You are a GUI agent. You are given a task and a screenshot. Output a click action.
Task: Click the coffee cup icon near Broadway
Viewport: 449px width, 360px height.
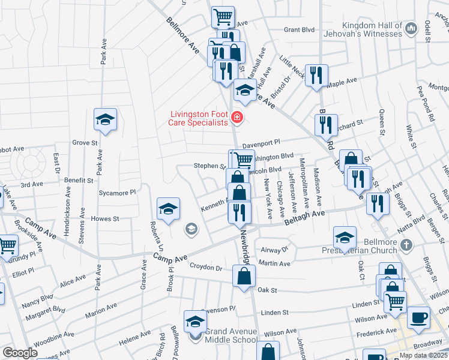tap(418, 317)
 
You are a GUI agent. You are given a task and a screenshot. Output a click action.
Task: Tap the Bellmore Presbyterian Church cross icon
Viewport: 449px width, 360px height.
tap(407, 245)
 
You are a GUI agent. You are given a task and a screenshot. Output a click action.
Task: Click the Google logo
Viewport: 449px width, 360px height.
tap(20, 353)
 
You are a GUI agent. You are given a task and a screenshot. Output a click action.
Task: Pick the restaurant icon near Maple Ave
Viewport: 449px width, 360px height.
tap(316, 75)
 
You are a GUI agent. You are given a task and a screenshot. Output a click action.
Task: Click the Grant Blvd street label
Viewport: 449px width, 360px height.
tap(299, 29)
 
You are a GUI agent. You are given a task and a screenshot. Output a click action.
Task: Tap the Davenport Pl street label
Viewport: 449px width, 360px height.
tap(261, 143)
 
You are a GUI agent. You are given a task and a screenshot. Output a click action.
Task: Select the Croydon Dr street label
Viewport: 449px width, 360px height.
tap(206, 267)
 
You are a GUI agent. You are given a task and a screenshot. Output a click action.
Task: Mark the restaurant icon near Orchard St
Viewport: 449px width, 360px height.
tap(325, 125)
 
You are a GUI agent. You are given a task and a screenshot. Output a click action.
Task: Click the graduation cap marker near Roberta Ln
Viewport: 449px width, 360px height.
tap(169, 209)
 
